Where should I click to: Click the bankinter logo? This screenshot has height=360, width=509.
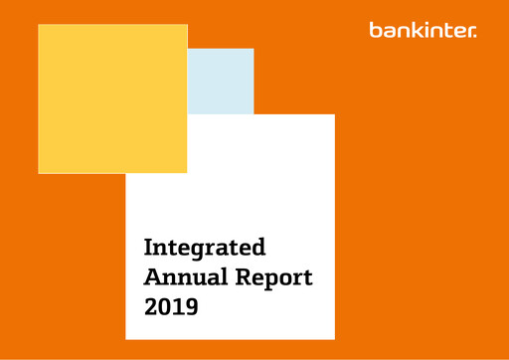(423, 30)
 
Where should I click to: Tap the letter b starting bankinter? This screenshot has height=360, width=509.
(374, 30)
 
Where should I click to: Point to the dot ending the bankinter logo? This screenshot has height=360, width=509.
(475, 35)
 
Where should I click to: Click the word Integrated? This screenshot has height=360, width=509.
(205, 247)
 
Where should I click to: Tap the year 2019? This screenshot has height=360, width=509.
(171, 307)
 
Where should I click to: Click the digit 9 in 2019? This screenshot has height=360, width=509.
(190, 307)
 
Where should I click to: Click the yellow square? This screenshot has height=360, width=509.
(112, 98)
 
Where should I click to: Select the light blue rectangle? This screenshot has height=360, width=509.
(221, 81)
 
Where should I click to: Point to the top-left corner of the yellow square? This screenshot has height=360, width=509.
(39, 25)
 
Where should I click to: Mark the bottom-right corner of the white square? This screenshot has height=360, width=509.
(334, 339)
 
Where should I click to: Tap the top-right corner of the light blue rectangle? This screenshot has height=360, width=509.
(254, 49)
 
